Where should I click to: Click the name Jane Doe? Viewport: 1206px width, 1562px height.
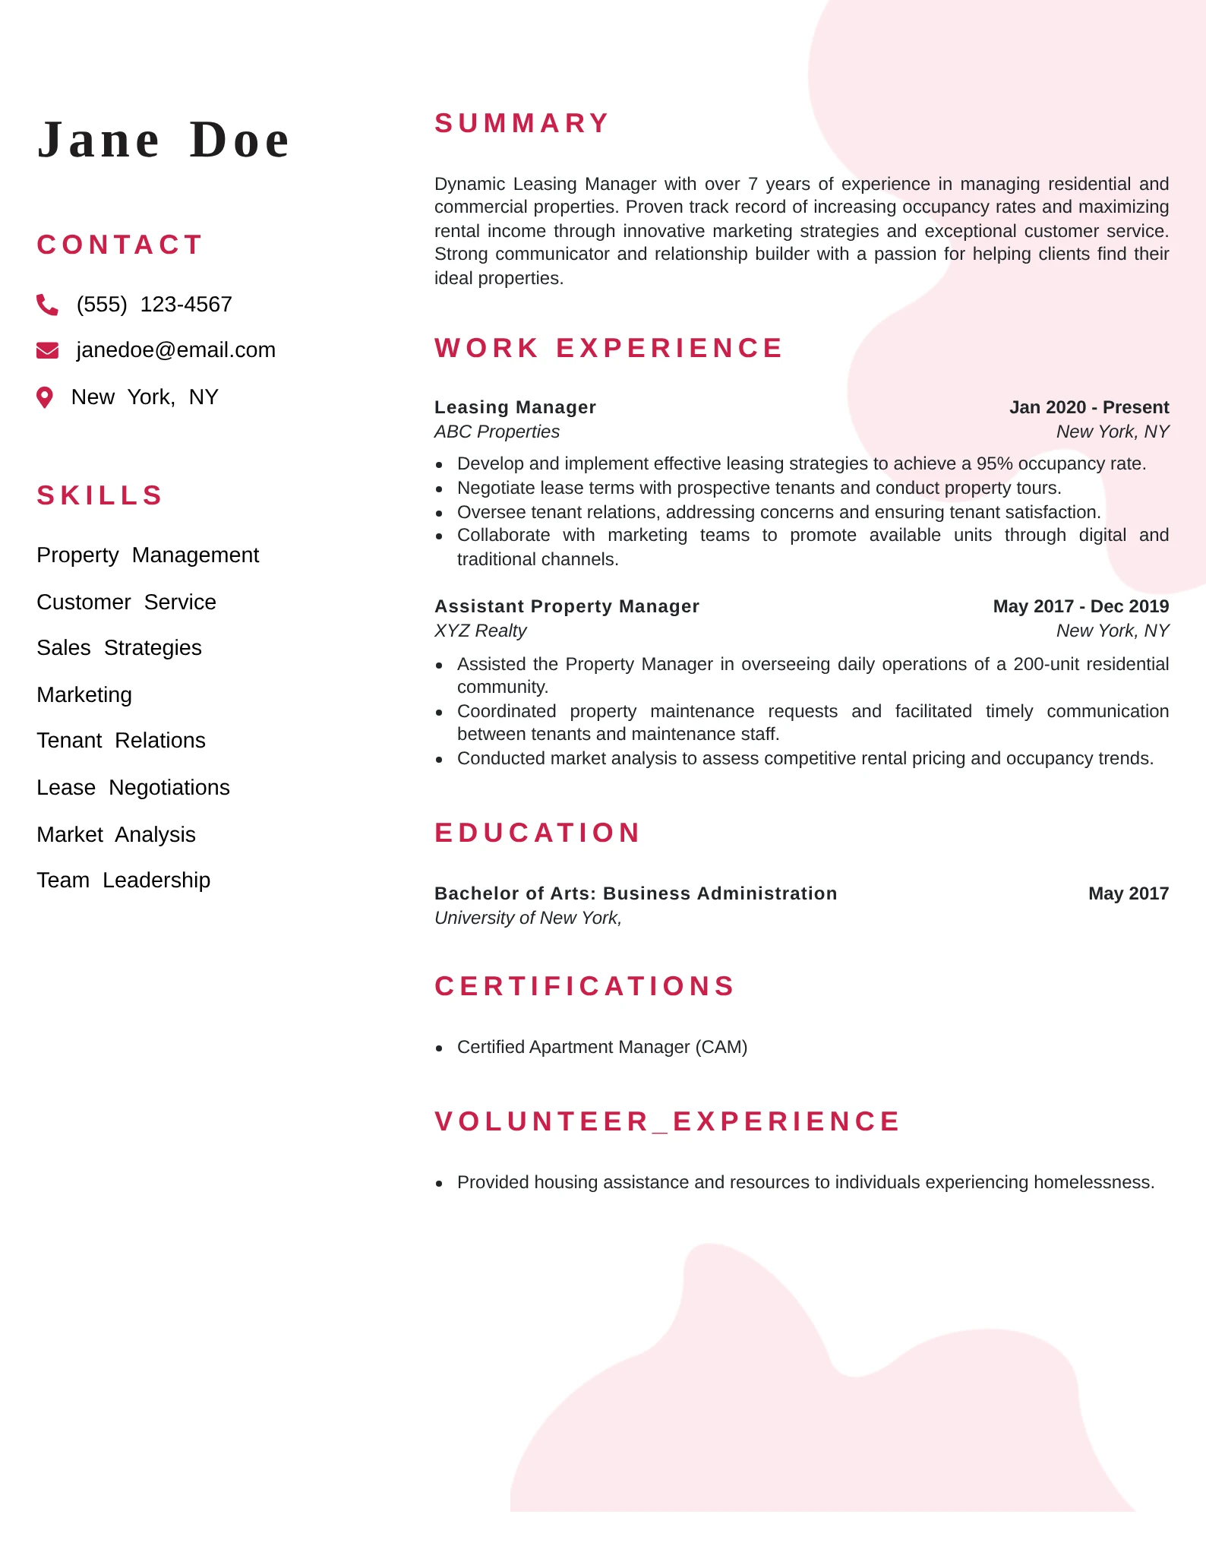click(x=163, y=141)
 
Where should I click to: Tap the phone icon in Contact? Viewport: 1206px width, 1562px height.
click(x=47, y=305)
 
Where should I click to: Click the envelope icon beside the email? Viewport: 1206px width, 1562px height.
click(x=47, y=350)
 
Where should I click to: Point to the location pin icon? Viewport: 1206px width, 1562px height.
click(x=46, y=397)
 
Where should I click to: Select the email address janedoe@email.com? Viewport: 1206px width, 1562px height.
click(x=175, y=350)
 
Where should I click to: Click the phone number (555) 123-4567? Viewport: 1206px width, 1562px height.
click(x=154, y=305)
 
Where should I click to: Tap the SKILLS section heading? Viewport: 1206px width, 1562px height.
click(x=100, y=495)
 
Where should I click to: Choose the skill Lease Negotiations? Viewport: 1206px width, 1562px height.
click(x=133, y=788)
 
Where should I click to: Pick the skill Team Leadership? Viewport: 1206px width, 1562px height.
click(x=123, y=881)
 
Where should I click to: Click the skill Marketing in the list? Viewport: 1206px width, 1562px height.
click(x=84, y=695)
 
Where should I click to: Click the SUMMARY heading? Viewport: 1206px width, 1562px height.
click(x=522, y=123)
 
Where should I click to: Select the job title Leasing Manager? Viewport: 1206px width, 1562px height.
click(x=515, y=407)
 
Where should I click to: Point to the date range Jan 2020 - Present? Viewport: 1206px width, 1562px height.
click(x=1088, y=407)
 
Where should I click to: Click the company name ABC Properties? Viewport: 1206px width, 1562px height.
click(x=497, y=432)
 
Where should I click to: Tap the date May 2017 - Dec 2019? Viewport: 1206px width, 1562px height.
click(x=1081, y=606)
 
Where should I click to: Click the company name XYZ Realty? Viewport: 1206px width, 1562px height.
click(x=480, y=631)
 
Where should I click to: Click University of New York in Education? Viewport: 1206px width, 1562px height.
click(x=528, y=918)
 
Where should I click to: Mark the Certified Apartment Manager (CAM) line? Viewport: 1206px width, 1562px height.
click(x=602, y=1047)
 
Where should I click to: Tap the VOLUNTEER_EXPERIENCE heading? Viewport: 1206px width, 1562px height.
click(x=668, y=1121)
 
